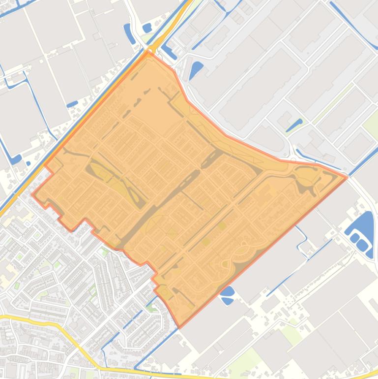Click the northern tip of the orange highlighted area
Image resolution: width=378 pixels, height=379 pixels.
click(149, 51)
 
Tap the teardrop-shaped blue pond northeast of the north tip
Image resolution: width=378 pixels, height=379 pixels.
click(196, 68)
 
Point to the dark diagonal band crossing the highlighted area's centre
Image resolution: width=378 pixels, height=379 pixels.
click(162, 202)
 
